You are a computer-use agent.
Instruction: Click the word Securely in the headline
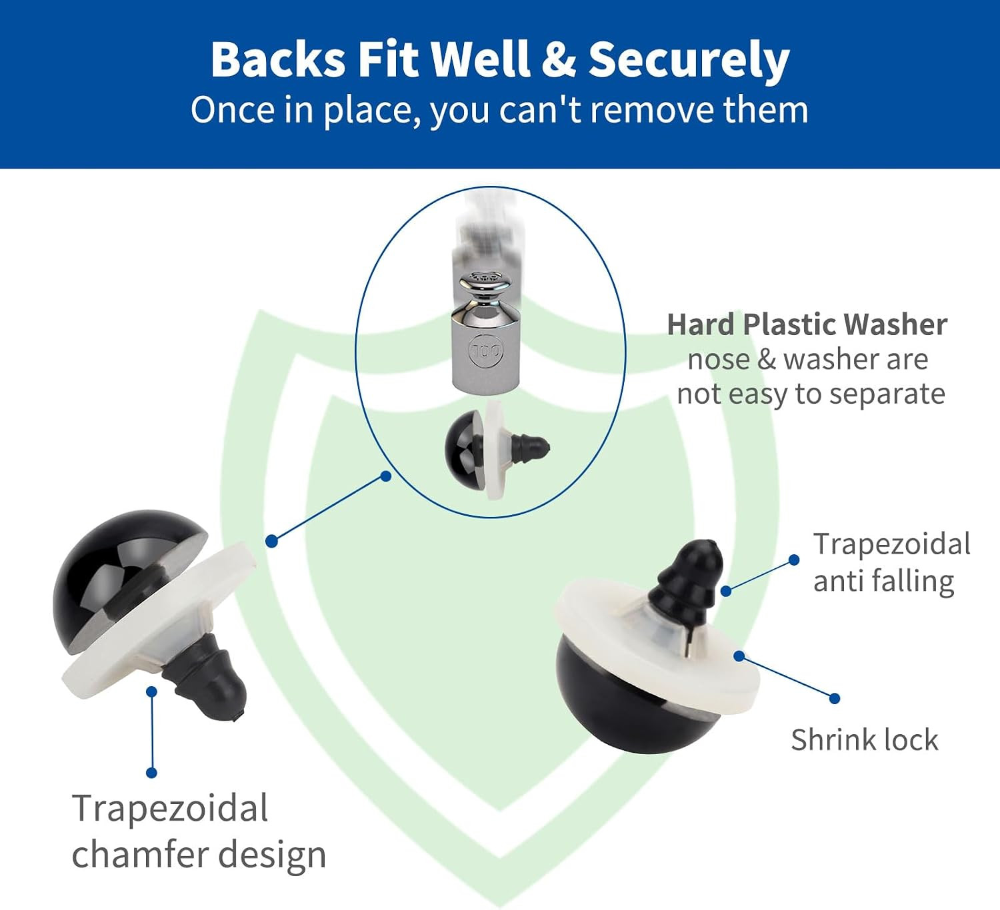pyautogui.click(x=689, y=61)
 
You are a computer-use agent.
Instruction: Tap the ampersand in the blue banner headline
pyautogui.click(x=558, y=59)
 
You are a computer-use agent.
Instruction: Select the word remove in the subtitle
pyautogui.click(x=653, y=110)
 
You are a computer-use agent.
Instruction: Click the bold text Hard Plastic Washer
pyautogui.click(x=807, y=325)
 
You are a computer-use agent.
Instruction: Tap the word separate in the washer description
pyautogui.click(x=881, y=395)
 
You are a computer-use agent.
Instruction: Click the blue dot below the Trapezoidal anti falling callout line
pyautogui.click(x=726, y=591)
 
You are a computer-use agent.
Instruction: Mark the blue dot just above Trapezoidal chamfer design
pyautogui.click(x=151, y=773)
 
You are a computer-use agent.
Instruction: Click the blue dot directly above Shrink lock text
pyautogui.click(x=835, y=699)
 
